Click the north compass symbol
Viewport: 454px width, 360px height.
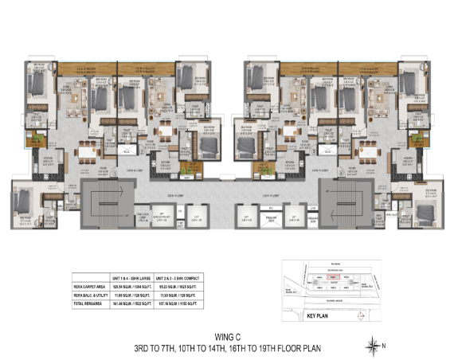coord(373,345)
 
